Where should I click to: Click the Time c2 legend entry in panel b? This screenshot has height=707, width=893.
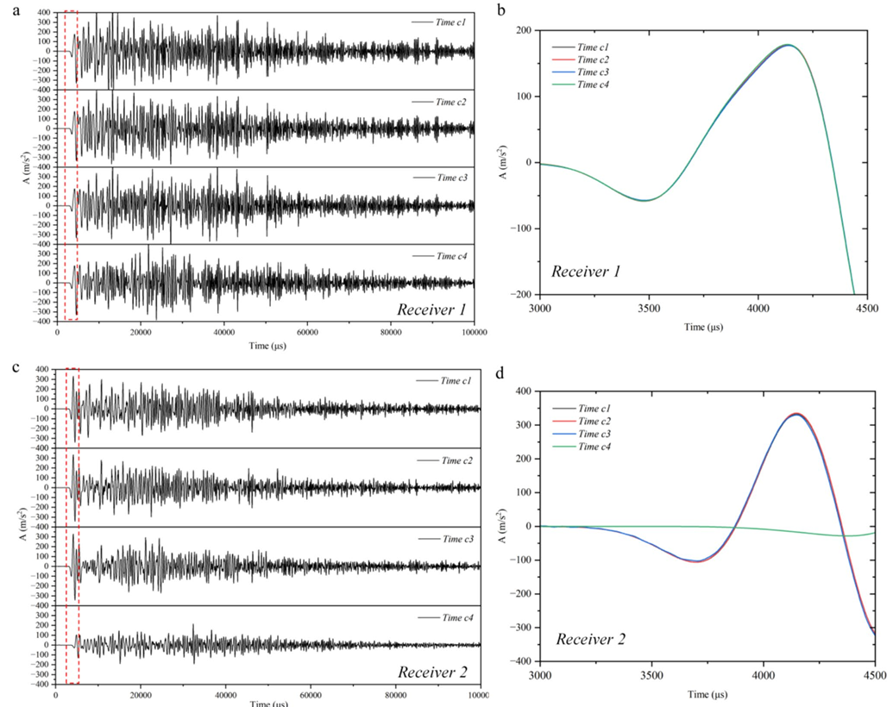(x=594, y=59)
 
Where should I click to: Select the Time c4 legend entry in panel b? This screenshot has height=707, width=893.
(x=594, y=84)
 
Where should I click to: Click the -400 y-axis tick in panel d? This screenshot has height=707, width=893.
(x=521, y=661)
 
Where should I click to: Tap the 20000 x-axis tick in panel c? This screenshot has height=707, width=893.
(x=141, y=694)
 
